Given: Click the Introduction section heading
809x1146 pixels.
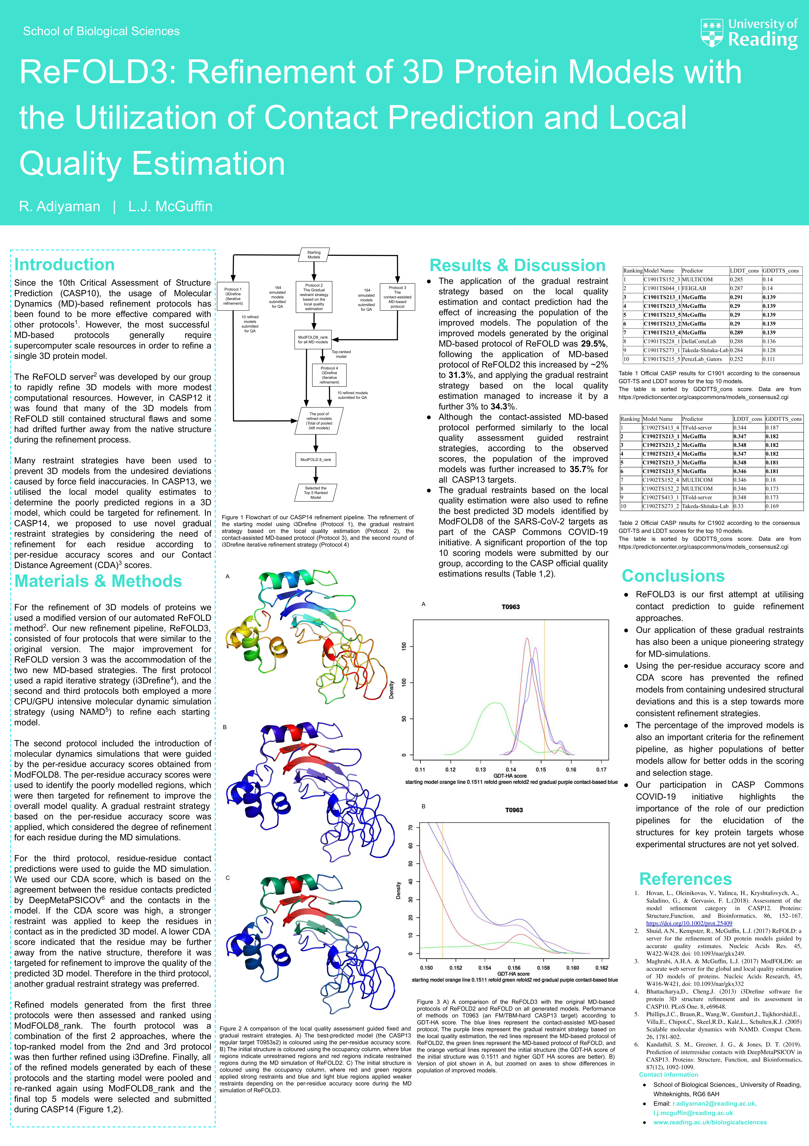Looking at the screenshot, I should click(x=64, y=265).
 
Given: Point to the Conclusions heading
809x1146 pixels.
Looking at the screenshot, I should click(x=673, y=576).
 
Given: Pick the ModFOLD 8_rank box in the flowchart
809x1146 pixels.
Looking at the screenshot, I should click(x=315, y=459).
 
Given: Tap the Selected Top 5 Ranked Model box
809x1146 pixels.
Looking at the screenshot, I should click(x=315, y=493).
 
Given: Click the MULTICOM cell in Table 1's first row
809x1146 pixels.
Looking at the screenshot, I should click(x=697, y=280).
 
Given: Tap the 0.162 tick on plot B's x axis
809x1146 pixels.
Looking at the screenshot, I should click(x=601, y=967).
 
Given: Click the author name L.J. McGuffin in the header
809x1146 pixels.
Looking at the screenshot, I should click(x=170, y=207).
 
